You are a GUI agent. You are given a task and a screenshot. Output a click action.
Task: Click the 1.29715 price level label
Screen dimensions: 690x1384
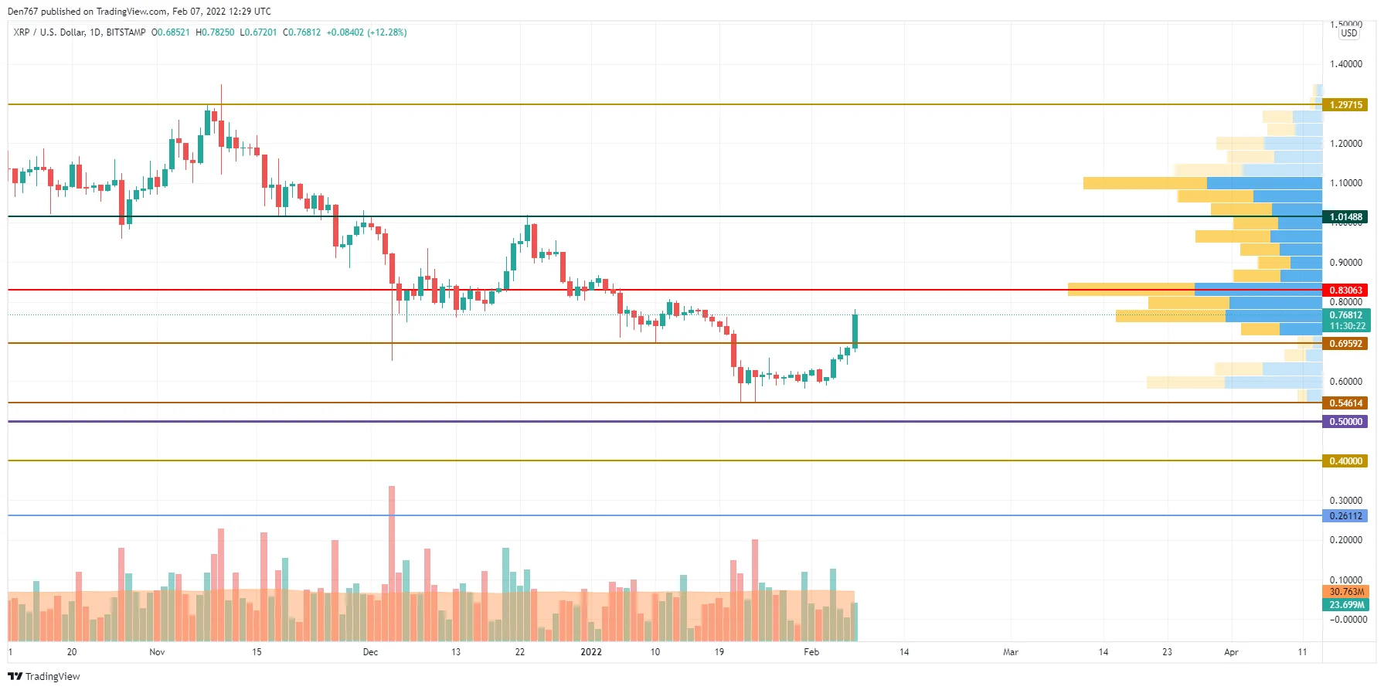(1345, 105)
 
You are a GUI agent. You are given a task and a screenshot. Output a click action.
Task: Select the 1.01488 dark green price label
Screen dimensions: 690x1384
(1345, 217)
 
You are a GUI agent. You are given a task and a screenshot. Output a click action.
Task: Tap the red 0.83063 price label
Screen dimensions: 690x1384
(1345, 291)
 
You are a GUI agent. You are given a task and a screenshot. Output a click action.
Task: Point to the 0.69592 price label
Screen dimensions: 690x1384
(1345, 344)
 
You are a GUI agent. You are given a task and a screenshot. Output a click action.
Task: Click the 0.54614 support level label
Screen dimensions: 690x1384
(1345, 403)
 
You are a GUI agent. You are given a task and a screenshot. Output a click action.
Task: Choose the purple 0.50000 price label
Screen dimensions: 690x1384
(1345, 422)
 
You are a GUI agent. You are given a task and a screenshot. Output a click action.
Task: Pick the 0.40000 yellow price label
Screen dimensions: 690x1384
(1345, 461)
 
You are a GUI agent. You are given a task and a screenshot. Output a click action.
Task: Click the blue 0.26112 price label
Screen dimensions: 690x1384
(1345, 516)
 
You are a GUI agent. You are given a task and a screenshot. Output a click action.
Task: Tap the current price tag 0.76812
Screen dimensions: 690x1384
(1345, 315)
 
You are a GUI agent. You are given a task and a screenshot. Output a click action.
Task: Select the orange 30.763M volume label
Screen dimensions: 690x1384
(1345, 592)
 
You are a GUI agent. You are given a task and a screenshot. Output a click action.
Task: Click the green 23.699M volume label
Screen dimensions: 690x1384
(1345, 605)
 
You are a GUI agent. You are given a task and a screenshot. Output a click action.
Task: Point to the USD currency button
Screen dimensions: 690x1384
(1348, 33)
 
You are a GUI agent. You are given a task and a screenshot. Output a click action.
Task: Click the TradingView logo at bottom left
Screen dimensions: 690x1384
(44, 676)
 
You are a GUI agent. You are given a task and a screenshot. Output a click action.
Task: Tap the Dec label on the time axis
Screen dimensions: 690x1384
(370, 652)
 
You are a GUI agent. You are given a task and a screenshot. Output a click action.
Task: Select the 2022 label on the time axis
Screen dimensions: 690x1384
(590, 652)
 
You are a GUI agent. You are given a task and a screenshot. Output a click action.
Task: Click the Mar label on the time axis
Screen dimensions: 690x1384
(1010, 652)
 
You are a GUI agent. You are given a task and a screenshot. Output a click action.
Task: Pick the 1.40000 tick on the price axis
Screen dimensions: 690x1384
(1345, 64)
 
